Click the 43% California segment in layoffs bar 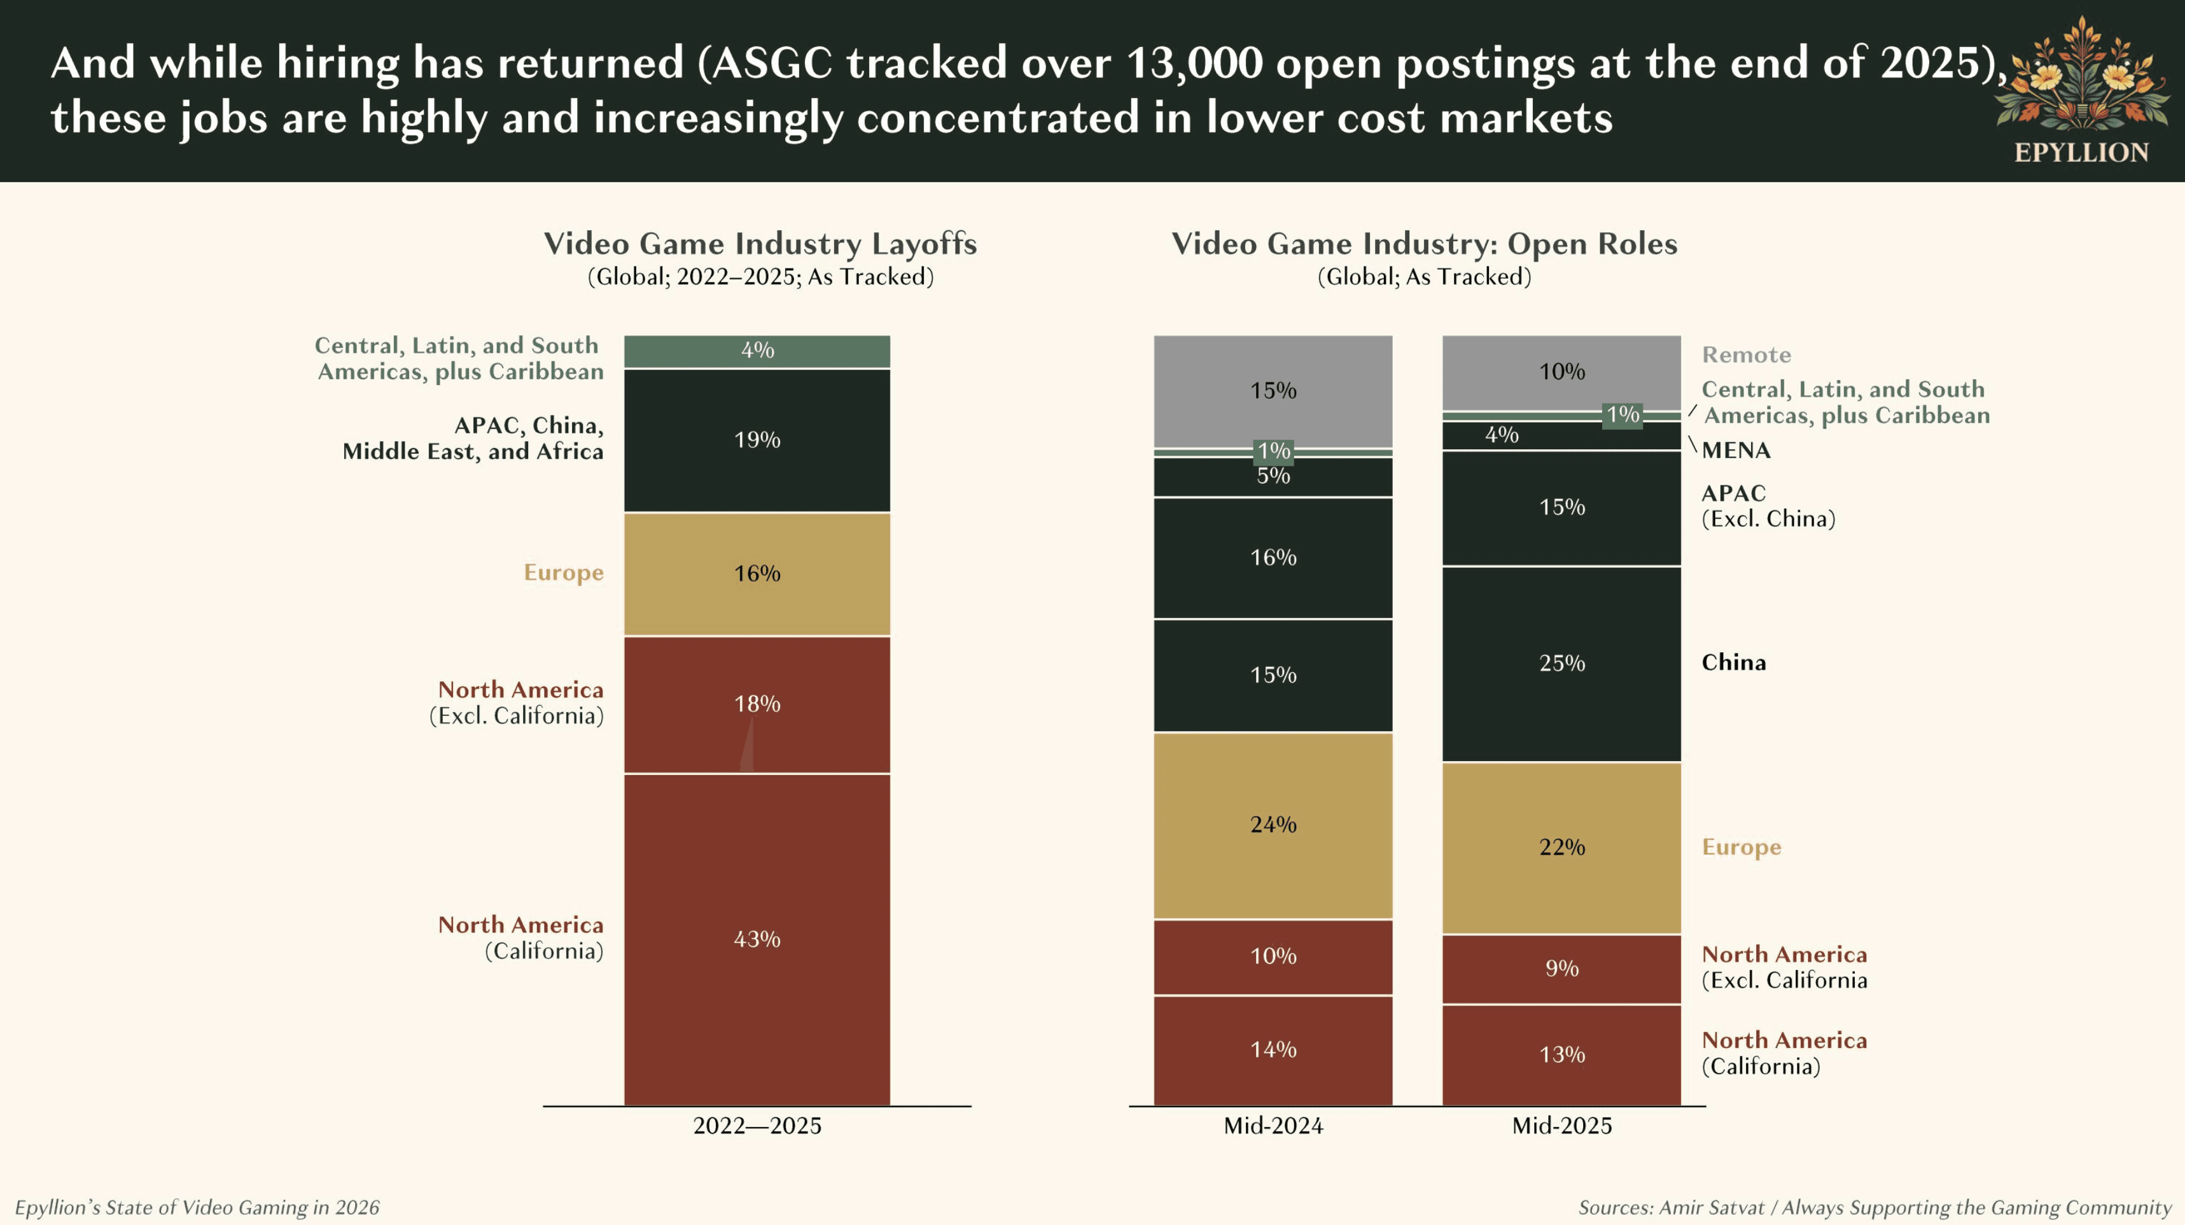click(x=757, y=939)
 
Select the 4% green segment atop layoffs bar click(x=757, y=351)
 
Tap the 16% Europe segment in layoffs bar click(x=757, y=573)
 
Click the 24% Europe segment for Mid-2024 click(x=1273, y=825)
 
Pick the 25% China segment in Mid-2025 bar click(x=1561, y=663)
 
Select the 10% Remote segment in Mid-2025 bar click(x=1561, y=372)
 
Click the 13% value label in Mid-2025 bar click(x=1561, y=1054)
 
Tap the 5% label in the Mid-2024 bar click(x=1273, y=476)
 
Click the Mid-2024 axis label click(x=1273, y=1126)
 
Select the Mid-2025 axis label click(x=1561, y=1126)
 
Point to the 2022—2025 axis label click(x=757, y=1126)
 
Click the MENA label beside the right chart click(x=1735, y=451)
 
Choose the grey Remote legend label click(x=1745, y=354)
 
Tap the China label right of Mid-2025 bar click(x=1733, y=662)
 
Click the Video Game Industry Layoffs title click(x=760, y=244)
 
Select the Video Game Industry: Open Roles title click(x=1424, y=244)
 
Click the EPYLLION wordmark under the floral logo click(x=2081, y=153)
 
